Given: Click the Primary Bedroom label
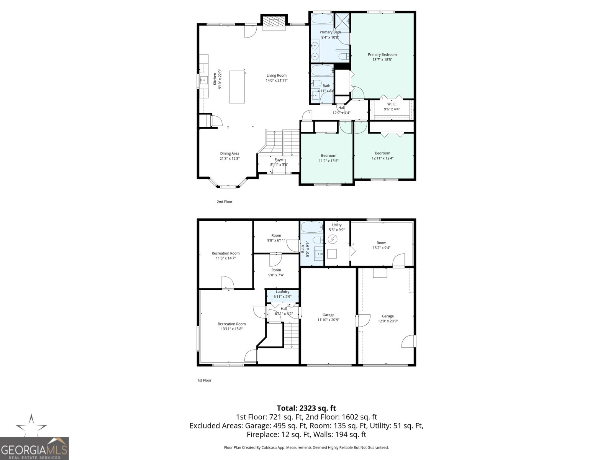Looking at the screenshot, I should click(x=382, y=55).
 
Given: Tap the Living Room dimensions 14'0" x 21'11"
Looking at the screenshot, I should click(x=276, y=80).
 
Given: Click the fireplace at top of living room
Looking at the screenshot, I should click(x=274, y=22).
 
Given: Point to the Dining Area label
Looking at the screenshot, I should click(x=229, y=154).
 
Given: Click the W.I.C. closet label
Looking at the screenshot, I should click(x=392, y=104).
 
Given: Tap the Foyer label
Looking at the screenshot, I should click(x=279, y=159).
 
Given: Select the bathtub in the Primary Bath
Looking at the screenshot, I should click(x=322, y=19).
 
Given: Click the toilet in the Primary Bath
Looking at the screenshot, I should click(x=344, y=57).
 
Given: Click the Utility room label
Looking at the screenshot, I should click(x=337, y=225).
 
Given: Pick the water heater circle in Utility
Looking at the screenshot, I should click(x=333, y=240).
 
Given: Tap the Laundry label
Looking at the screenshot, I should click(x=282, y=292).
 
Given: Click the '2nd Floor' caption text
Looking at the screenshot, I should click(x=225, y=202).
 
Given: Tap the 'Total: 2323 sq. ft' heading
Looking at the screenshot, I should click(x=306, y=408).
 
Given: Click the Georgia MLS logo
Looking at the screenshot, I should click(x=34, y=448).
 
